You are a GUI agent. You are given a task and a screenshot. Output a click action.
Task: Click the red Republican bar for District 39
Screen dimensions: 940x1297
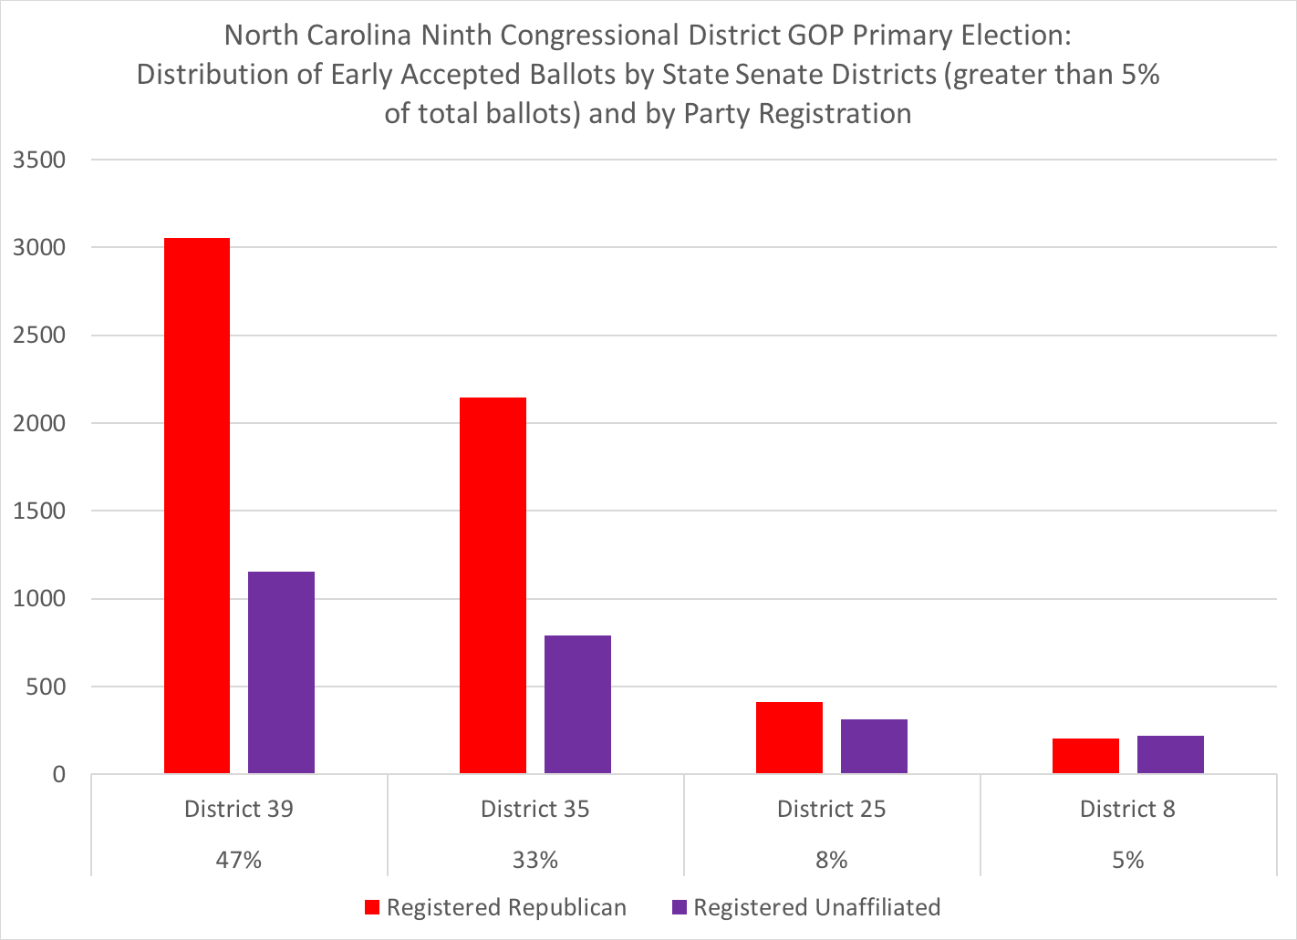point(197,506)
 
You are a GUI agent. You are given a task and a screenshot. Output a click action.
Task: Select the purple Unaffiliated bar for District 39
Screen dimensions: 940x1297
point(281,673)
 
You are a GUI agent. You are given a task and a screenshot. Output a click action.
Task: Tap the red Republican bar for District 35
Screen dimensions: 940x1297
point(493,585)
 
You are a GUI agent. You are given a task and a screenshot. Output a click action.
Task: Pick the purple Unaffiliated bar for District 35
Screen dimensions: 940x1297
point(577,705)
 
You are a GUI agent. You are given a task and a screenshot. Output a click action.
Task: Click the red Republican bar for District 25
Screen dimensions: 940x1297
point(789,738)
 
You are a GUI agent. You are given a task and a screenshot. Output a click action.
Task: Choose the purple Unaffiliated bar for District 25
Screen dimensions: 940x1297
point(874,747)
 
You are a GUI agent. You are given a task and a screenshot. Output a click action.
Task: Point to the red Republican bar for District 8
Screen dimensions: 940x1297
point(1085,756)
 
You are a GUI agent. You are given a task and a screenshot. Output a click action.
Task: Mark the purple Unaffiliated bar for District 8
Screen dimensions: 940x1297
point(1170,755)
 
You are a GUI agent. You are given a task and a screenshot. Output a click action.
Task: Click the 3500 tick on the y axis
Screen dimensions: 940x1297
point(40,160)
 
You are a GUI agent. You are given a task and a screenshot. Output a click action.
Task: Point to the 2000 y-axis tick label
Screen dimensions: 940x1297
point(40,424)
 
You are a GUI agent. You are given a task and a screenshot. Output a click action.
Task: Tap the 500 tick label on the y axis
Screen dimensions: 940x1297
point(47,687)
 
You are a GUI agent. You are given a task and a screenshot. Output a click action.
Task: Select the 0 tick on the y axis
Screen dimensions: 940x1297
point(59,775)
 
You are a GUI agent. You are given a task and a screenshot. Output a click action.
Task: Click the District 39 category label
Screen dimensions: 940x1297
point(239,810)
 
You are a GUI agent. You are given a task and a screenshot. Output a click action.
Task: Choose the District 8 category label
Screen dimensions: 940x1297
point(1127,810)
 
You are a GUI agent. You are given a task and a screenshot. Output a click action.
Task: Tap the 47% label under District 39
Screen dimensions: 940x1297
point(239,860)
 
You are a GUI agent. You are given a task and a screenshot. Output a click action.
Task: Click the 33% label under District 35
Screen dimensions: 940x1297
point(535,860)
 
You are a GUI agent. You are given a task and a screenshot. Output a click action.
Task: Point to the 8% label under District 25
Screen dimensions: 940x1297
point(832,860)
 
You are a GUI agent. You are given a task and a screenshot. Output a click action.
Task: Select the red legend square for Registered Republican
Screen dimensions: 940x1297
point(372,908)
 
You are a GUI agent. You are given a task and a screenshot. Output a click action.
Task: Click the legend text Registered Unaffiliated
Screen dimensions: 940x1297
point(816,908)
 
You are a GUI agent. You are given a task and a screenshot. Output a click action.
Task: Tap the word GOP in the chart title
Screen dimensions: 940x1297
point(814,36)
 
